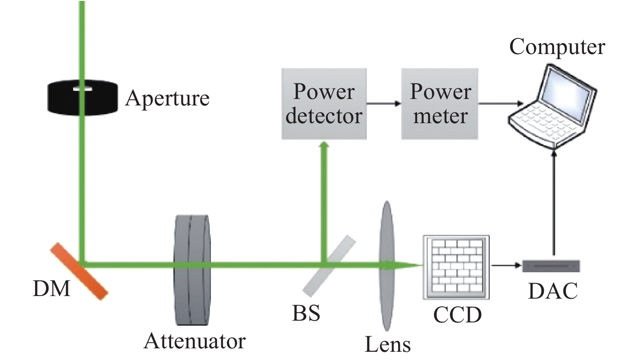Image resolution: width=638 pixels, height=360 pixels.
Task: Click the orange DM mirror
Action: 79,271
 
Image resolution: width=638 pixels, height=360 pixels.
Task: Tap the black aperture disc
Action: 83,98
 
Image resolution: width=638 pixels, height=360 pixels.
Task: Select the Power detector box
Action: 324,104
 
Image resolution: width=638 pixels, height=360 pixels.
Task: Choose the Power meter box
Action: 440,104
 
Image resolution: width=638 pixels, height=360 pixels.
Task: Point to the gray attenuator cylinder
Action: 192,270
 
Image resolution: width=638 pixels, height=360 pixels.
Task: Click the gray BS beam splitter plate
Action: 329,266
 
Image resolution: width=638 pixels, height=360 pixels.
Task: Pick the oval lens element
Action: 387,266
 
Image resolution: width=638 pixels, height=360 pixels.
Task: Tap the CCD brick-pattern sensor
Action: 456,267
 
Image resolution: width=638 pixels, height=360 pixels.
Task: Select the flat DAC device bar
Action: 551,266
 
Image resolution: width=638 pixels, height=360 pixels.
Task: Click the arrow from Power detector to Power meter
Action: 384,103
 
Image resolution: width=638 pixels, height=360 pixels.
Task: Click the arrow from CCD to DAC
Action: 507,266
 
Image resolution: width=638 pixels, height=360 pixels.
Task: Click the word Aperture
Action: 167,98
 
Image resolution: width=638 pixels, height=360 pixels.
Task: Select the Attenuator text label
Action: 195,341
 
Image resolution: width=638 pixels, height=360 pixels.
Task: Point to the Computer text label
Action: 557,47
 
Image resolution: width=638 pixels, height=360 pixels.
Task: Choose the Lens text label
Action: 388,344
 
